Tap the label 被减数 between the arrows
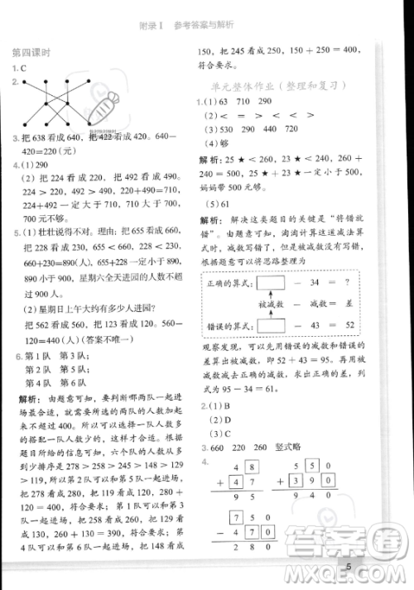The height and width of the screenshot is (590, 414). tap(272, 305)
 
